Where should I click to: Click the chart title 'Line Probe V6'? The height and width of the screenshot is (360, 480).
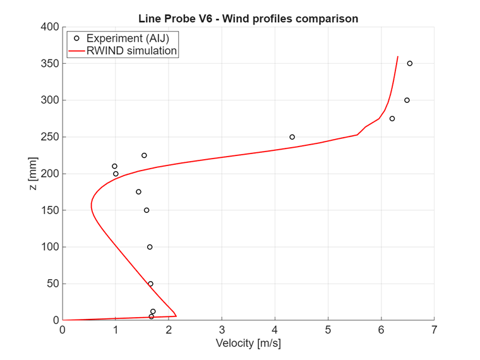click(x=248, y=18)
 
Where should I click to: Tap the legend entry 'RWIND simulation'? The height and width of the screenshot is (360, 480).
click(x=131, y=51)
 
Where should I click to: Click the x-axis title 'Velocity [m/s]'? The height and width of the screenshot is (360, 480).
click(x=248, y=344)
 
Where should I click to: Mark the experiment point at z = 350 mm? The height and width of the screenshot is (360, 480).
click(x=410, y=63)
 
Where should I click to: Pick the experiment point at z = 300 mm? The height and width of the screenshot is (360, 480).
click(x=407, y=100)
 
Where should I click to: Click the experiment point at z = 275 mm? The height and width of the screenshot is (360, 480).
click(x=392, y=119)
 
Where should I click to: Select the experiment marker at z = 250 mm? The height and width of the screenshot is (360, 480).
click(x=292, y=137)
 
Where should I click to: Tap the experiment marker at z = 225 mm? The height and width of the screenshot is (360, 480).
click(x=144, y=155)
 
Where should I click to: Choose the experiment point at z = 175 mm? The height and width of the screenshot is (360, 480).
click(x=138, y=192)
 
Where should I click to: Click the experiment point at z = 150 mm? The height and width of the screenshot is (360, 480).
click(x=147, y=210)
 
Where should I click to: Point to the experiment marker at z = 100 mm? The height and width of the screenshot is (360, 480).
click(x=150, y=247)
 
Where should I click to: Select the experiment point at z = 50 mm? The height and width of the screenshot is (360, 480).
click(x=150, y=284)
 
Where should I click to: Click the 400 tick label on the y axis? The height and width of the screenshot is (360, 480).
click(x=51, y=27)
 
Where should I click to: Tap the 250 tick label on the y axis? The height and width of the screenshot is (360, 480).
click(x=51, y=137)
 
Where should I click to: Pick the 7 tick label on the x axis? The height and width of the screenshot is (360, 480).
click(x=434, y=330)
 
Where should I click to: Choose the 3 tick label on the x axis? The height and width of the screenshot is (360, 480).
click(x=222, y=330)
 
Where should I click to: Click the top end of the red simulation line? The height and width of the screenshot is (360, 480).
click(x=398, y=56)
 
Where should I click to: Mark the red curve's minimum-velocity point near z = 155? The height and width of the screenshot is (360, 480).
click(x=91, y=206)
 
